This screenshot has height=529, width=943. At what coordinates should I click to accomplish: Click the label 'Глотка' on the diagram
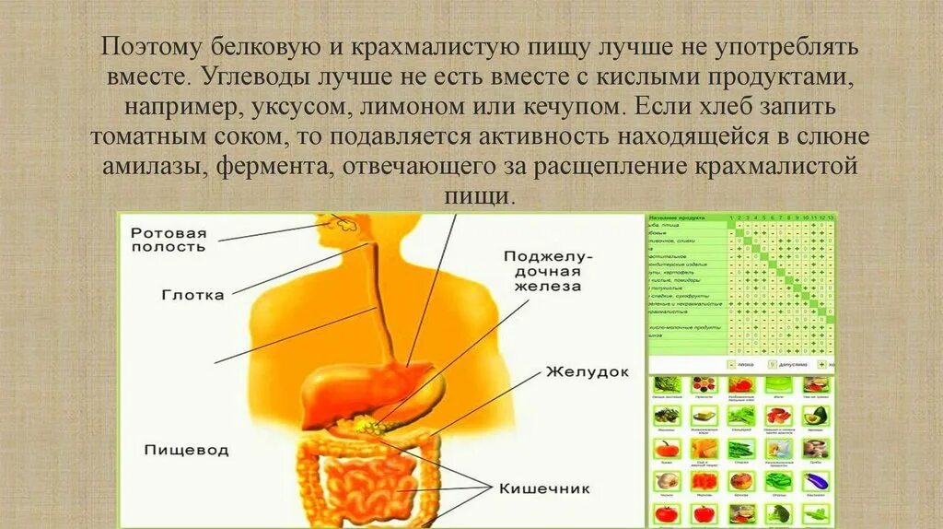click(x=192, y=295)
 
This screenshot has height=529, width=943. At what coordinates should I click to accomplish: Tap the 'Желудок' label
click(x=587, y=372)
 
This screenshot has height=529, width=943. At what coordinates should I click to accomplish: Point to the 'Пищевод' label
click(x=186, y=451)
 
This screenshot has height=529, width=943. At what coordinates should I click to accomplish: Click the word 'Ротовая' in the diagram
click(x=169, y=232)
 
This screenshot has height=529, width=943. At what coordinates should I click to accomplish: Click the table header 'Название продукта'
click(x=676, y=218)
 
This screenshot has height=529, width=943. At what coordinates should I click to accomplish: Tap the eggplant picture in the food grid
click(x=816, y=479)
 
